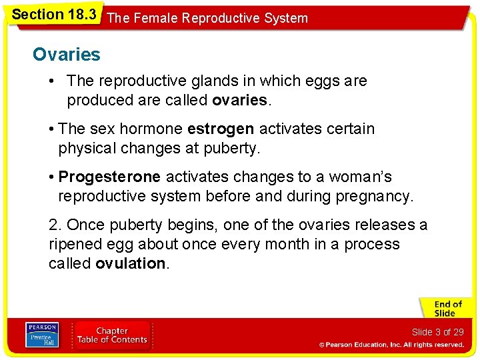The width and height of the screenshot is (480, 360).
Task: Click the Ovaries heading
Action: click(x=67, y=55)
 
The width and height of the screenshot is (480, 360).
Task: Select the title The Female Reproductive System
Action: click(x=207, y=18)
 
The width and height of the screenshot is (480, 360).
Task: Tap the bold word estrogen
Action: click(x=221, y=129)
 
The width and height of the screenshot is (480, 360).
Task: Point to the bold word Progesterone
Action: click(x=109, y=177)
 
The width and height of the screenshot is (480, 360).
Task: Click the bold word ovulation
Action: click(x=131, y=263)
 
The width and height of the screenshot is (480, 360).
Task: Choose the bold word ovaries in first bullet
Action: click(x=240, y=101)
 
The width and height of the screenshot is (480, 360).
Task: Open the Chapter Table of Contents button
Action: click(x=112, y=335)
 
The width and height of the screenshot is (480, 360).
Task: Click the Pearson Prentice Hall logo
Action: click(x=41, y=335)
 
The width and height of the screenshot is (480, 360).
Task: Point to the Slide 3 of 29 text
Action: click(x=437, y=332)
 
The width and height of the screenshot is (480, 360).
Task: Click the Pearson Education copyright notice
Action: click(x=391, y=345)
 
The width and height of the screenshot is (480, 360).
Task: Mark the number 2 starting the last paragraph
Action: click(x=53, y=225)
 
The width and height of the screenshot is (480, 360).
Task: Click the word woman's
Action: click(x=357, y=177)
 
